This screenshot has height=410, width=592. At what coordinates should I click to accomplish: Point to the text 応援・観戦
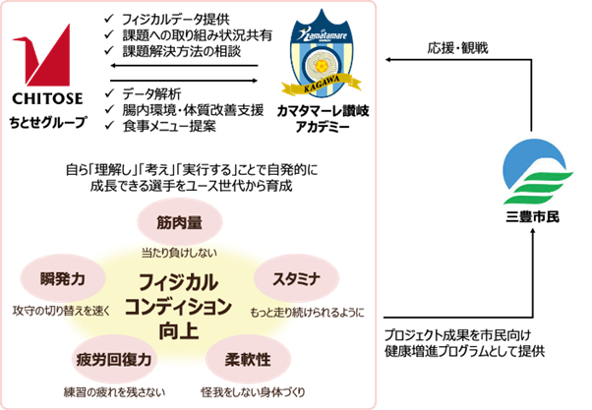click(457, 46)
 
